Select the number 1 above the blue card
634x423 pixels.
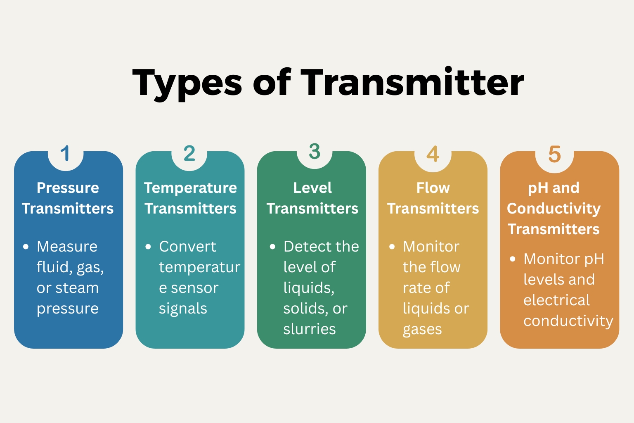[65, 154]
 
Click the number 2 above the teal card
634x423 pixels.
[189, 154]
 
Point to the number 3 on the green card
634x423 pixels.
[315, 152]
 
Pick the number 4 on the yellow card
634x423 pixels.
[433, 154]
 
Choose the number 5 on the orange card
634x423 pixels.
[554, 154]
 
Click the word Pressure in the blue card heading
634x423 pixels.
[68, 188]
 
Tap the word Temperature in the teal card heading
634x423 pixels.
[190, 188]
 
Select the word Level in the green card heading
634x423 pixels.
[312, 188]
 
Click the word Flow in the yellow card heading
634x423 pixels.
[433, 188]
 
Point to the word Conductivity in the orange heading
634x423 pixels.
[554, 209]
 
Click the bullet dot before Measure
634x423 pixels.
[26, 247]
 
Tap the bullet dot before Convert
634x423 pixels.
[148, 247]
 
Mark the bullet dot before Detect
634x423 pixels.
[272, 247]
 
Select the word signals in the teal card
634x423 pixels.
[183, 309]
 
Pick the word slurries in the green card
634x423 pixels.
[310, 329]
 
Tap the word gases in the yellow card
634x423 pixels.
[422, 330]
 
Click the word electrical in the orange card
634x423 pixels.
[556, 300]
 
